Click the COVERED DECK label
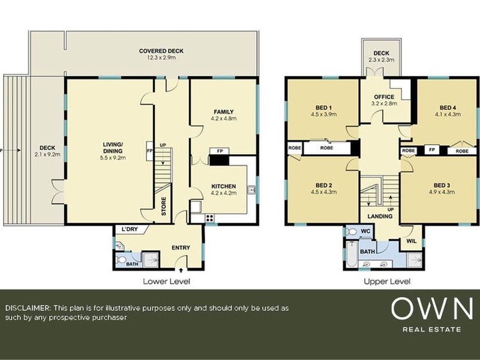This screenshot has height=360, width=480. click(161, 51)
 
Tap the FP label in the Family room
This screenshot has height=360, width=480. click(220, 151)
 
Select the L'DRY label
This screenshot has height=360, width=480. click(130, 229)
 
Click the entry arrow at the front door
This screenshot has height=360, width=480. click(181, 270)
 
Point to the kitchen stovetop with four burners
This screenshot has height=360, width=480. click(209, 218)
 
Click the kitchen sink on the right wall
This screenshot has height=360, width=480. click(251, 190)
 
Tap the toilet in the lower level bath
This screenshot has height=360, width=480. click(121, 260)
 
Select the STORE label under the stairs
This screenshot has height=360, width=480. click(163, 206)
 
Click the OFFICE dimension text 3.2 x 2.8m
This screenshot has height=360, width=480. click(384, 103)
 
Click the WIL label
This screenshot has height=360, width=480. click(412, 241)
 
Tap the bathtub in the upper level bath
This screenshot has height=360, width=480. click(351, 254)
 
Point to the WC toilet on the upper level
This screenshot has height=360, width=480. click(352, 232)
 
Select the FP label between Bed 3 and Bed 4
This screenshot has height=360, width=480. click(432, 150)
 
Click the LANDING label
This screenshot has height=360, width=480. click(380, 216)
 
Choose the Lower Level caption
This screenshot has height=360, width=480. click(167, 281)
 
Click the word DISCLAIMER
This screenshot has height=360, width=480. click(27, 308)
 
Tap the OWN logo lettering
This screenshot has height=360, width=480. click(432, 308)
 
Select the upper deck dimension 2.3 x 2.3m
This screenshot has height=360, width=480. click(381, 60)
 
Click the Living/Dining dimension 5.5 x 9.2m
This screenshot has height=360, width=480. click(113, 158)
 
